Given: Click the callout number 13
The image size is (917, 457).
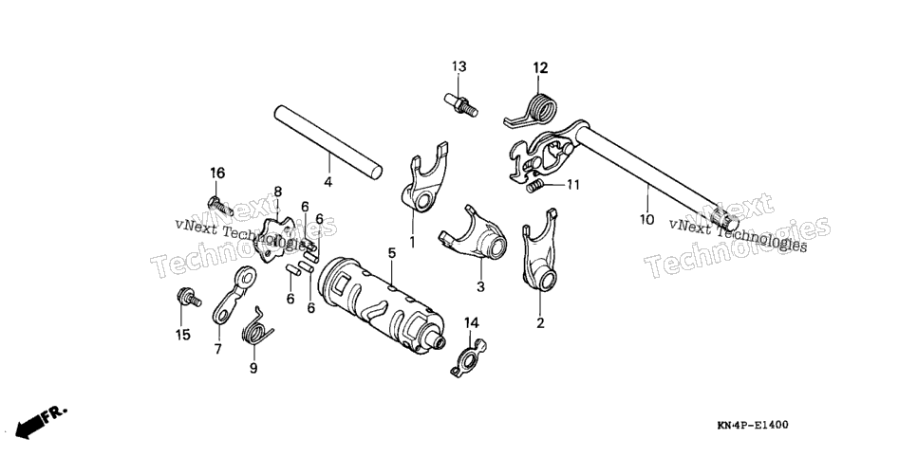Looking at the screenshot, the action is point(459,66).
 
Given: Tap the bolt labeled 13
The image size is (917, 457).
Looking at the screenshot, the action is point(460,104).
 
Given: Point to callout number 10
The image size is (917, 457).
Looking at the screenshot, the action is point(646,220).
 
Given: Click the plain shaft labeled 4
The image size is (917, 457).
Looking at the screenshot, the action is point(328,142).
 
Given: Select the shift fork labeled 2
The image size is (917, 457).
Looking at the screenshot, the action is point(539,250).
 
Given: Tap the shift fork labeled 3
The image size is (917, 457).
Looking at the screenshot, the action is point(473,234).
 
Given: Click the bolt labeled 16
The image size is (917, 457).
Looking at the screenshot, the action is point(220,207).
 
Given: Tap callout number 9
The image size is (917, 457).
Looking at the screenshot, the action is point(253,368).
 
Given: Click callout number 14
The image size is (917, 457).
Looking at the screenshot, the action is point(472,322).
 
